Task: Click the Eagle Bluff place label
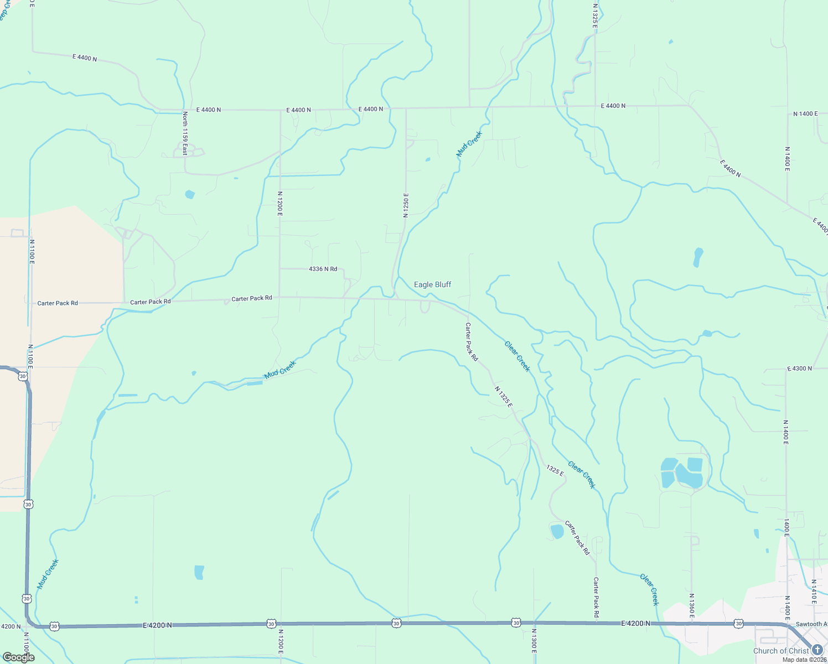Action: (432, 284)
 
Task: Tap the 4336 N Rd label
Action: (323, 269)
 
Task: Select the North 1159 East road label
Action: (185, 133)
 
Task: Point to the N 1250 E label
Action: (406, 205)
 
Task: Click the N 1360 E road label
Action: (691, 606)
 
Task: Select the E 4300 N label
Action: (799, 369)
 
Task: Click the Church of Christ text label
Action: (781, 651)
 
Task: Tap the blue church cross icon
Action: (817, 650)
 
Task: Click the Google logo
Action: (19, 657)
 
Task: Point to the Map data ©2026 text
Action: (804, 660)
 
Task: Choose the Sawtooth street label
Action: (811, 624)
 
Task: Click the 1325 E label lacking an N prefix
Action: (555, 471)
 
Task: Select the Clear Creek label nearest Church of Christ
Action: (650, 589)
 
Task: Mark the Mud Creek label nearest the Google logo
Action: (48, 574)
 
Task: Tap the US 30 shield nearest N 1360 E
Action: (738, 624)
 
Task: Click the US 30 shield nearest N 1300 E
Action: (516, 623)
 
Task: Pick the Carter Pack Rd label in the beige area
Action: (58, 303)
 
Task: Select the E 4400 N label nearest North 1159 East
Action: (208, 110)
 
